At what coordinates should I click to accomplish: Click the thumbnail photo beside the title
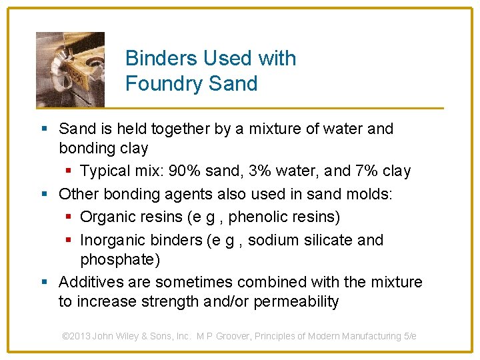click(x=70, y=69)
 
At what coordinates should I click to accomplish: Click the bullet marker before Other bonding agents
click(x=43, y=195)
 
